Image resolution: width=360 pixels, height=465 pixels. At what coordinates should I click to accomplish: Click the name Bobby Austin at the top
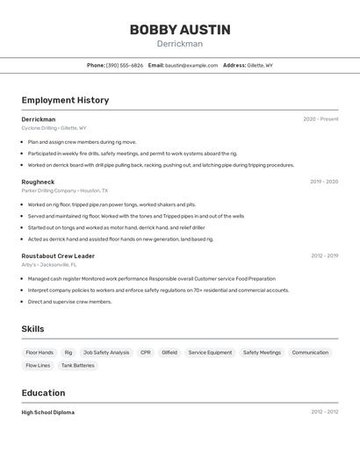point(180,30)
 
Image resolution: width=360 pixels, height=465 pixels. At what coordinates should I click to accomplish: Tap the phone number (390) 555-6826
point(125,65)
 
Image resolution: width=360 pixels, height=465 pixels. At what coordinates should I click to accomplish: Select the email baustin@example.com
point(191,65)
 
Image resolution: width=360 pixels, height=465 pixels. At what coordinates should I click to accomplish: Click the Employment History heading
point(65,100)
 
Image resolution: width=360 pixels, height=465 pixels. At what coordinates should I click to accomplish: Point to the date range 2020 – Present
point(320,119)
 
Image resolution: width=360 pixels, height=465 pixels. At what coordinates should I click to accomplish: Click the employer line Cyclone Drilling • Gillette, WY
point(54,128)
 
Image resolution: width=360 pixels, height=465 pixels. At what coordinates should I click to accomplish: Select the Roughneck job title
point(38,182)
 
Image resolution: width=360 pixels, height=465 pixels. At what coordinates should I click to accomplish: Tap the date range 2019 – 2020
point(324,182)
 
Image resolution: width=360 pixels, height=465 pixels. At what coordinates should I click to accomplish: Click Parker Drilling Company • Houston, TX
point(65,190)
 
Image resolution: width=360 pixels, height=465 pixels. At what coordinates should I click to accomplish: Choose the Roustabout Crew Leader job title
point(58,256)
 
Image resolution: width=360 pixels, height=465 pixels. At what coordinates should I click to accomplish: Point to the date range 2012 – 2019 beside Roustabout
point(324,256)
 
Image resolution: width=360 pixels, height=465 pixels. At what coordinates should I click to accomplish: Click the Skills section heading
point(32,329)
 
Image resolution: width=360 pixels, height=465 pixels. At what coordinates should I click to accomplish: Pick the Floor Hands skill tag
point(40,353)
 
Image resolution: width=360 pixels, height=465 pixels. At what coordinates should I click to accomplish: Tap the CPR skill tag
point(146,353)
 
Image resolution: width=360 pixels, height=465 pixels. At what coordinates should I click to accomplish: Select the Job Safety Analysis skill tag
point(106,353)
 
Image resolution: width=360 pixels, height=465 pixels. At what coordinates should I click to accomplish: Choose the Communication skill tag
point(310,353)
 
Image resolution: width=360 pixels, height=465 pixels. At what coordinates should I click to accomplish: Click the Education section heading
point(43,393)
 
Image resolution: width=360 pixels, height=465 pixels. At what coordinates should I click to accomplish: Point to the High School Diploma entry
point(48,412)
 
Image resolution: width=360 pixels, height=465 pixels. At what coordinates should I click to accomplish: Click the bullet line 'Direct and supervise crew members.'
point(69,302)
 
